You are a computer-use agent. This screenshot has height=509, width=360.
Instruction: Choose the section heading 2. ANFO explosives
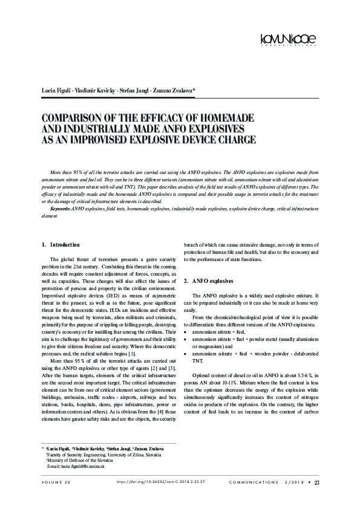(209, 281)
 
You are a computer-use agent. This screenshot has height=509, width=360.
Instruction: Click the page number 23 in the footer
(317, 482)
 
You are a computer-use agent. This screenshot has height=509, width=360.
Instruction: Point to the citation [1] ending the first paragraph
(139, 352)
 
